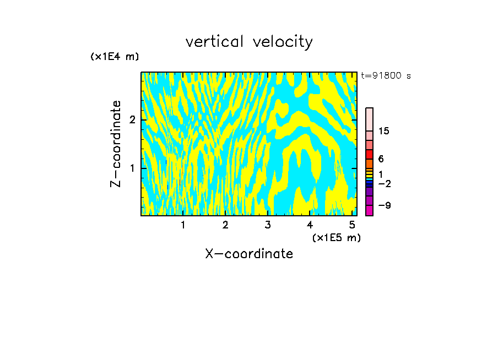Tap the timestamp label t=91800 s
[386, 76]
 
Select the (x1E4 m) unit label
[115, 57]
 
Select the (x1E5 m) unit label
[336, 237]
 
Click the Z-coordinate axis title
[116, 144]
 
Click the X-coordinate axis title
[249, 254]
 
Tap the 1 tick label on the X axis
[183, 225]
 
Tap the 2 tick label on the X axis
[225, 225]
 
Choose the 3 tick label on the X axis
[268, 225]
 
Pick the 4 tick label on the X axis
[310, 225]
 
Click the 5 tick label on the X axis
[353, 225]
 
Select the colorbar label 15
[384, 131]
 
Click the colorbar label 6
[381, 159]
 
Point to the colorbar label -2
[384, 183]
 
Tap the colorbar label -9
[384, 205]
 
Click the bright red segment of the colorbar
[369, 154]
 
